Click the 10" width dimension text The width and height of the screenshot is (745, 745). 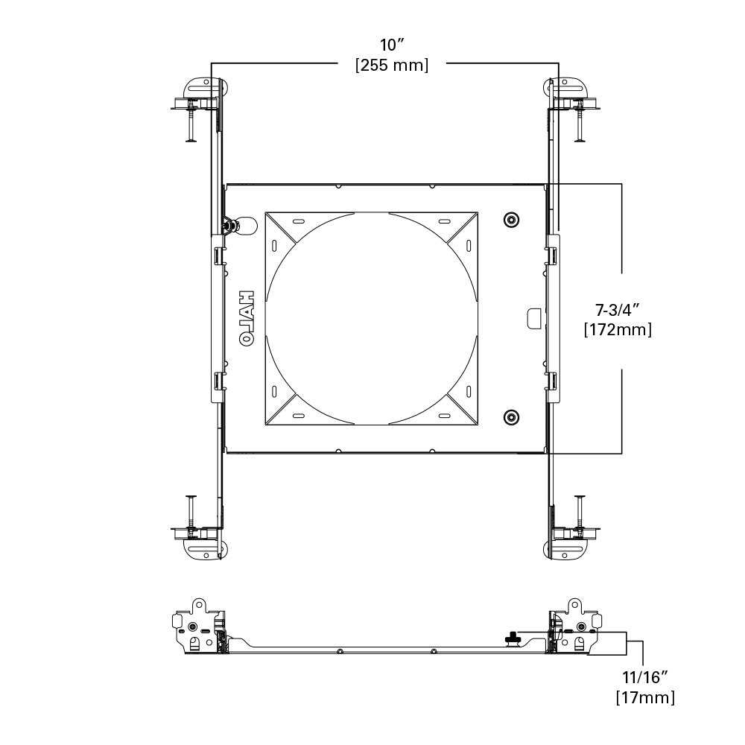[392, 45]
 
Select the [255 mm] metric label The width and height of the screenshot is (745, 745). [392, 66]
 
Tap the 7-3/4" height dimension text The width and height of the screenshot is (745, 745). [618, 308]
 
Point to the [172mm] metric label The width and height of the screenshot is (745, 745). [618, 329]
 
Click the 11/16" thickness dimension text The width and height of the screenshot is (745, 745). [644, 676]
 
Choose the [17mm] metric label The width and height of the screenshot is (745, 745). [645, 698]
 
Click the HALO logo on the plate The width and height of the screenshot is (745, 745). [247, 317]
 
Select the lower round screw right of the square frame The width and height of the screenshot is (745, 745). [511, 417]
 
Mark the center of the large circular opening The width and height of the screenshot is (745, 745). [371, 318]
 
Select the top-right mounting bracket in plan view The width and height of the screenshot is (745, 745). [570, 94]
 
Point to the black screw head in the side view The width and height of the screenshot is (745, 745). [513, 637]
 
